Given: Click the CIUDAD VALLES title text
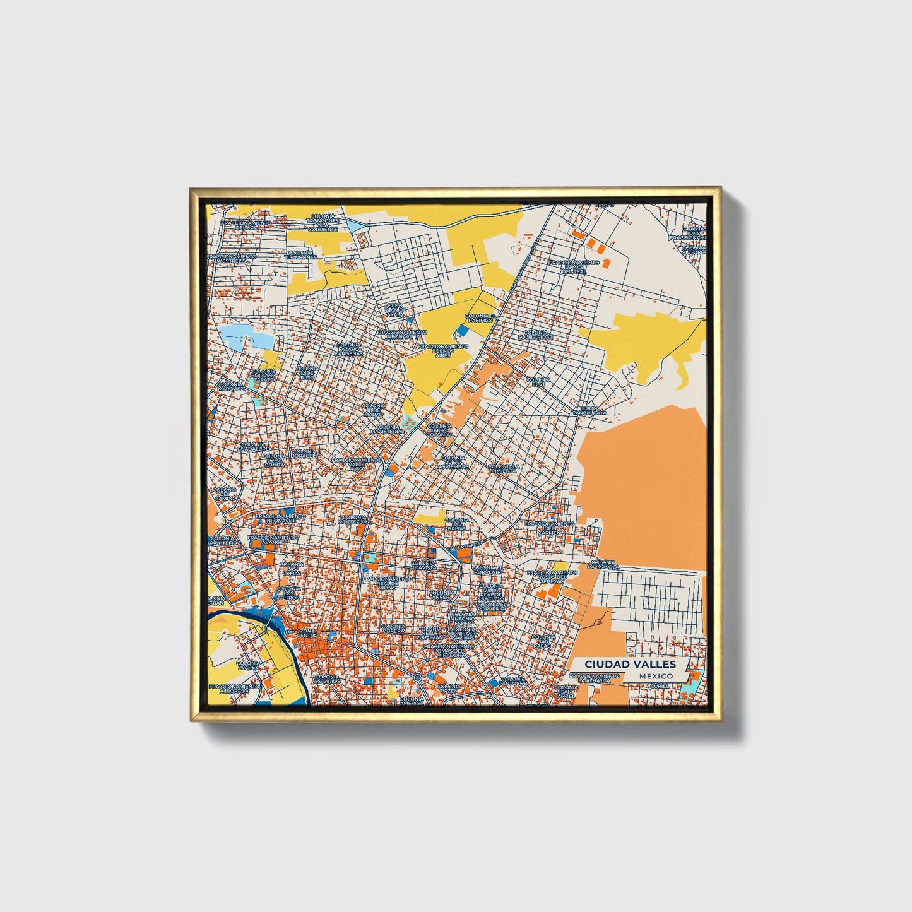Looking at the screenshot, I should (x=629, y=664).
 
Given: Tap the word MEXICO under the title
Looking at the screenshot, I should (x=655, y=676).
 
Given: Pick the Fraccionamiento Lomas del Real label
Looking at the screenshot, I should (x=574, y=266).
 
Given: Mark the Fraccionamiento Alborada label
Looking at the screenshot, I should (x=234, y=688).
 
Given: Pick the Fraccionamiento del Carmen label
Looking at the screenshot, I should (x=549, y=527).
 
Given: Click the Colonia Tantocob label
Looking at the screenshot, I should (x=512, y=680).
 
